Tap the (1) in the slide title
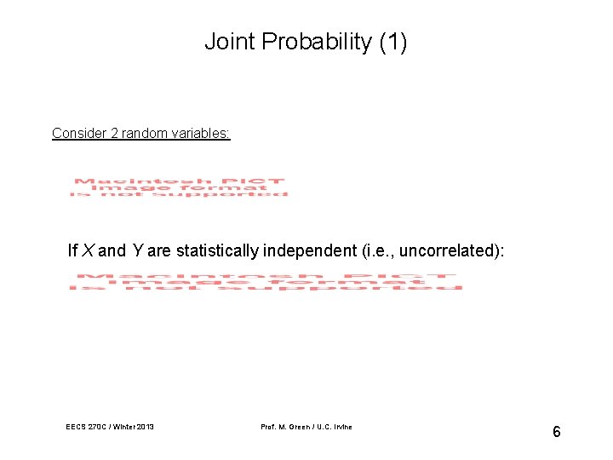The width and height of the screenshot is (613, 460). point(390,42)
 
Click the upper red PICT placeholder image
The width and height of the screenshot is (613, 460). point(179,187)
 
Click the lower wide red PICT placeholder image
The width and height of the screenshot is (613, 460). point(266,282)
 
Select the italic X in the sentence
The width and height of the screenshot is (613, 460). point(86,250)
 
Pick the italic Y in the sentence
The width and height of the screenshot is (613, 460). point(136,250)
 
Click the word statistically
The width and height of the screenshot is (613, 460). point(217,250)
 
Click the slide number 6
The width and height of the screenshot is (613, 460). point(556,432)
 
